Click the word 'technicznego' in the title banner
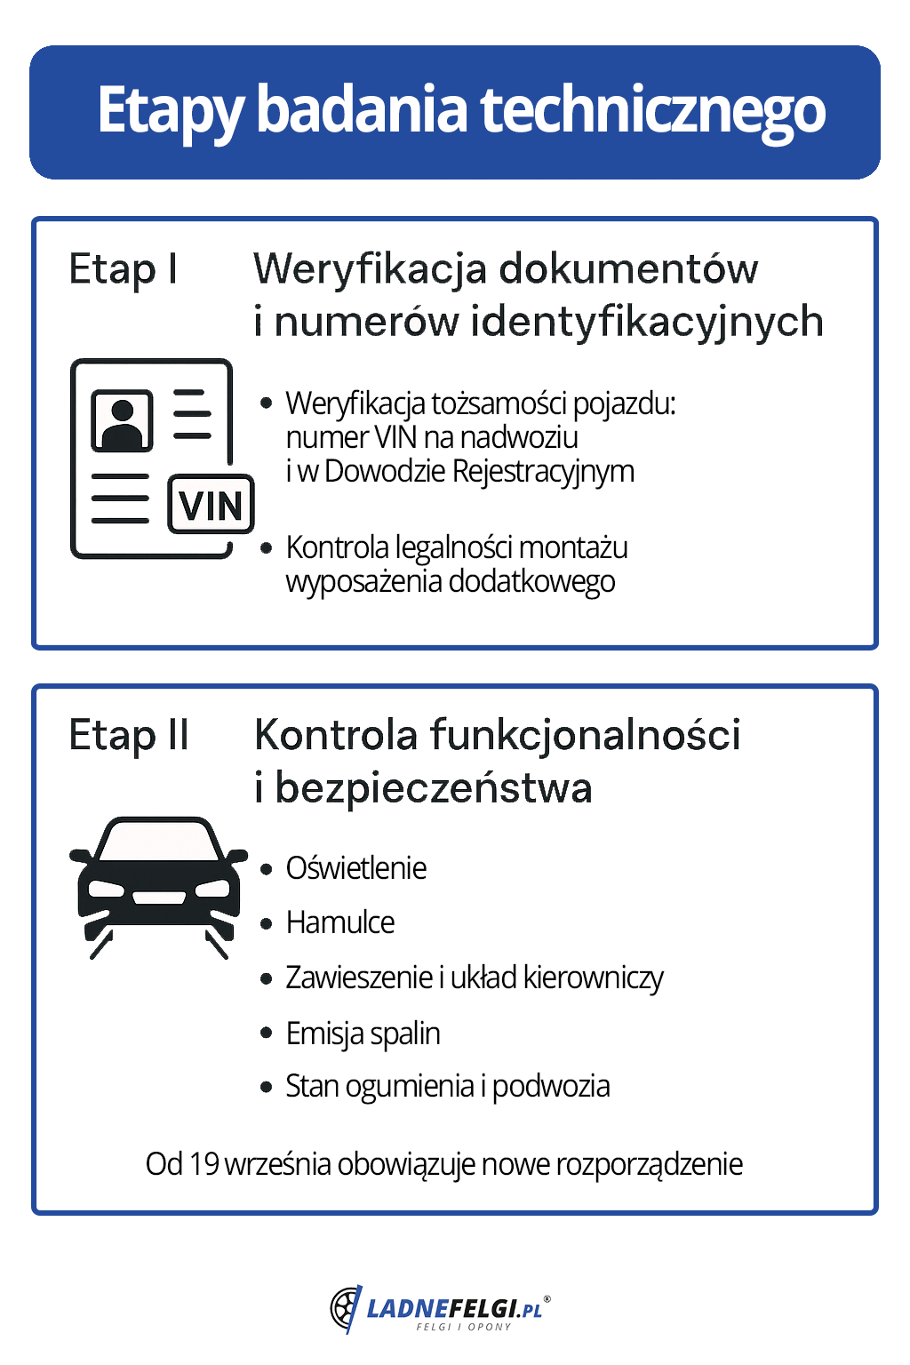point(652,111)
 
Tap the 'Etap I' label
point(123,269)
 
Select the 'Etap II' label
point(129,736)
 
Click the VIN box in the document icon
point(212,506)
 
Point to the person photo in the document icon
point(122,420)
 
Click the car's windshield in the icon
point(159,841)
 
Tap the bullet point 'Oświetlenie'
point(355,868)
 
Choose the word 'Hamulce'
point(340,922)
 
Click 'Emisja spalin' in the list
point(363,1034)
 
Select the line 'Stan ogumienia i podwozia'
point(447,1086)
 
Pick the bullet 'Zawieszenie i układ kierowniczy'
point(474,978)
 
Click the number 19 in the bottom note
point(204,1163)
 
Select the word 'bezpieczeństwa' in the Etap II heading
point(434,788)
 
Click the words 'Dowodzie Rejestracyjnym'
point(479,471)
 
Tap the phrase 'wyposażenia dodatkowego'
point(451,581)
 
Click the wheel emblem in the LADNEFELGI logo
point(345,1308)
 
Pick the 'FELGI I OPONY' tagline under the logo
point(463,1327)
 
